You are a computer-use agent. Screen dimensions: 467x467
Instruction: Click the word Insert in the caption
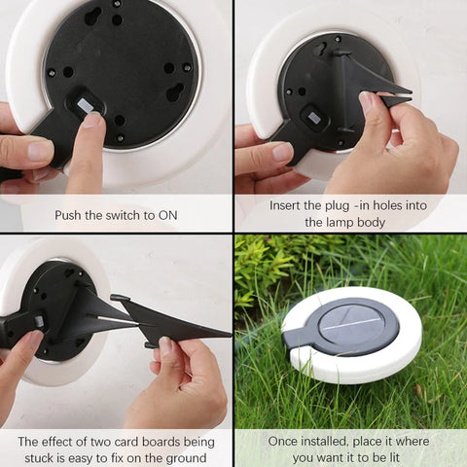click(x=288, y=205)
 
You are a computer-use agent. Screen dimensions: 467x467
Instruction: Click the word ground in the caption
click(x=185, y=457)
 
